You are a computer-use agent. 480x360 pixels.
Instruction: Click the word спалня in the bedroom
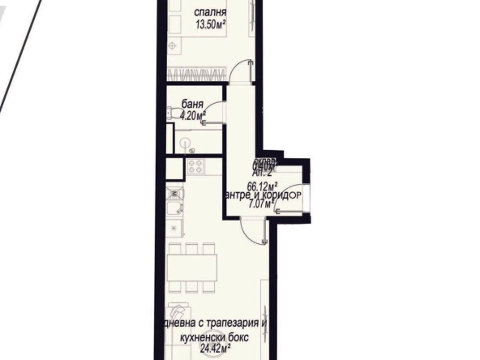pyautogui.click(x=210, y=13)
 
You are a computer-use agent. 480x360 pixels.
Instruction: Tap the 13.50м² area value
pyautogui.click(x=210, y=24)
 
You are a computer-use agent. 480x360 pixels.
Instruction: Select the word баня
pyautogui.click(x=191, y=105)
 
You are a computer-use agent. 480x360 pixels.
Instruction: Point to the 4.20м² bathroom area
pyautogui.click(x=191, y=115)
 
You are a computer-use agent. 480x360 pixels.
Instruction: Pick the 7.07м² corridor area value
pyautogui.click(x=261, y=204)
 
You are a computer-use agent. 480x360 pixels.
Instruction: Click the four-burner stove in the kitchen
pyautogui.click(x=196, y=167)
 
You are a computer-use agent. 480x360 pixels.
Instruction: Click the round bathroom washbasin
pyautogui.click(x=186, y=144)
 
